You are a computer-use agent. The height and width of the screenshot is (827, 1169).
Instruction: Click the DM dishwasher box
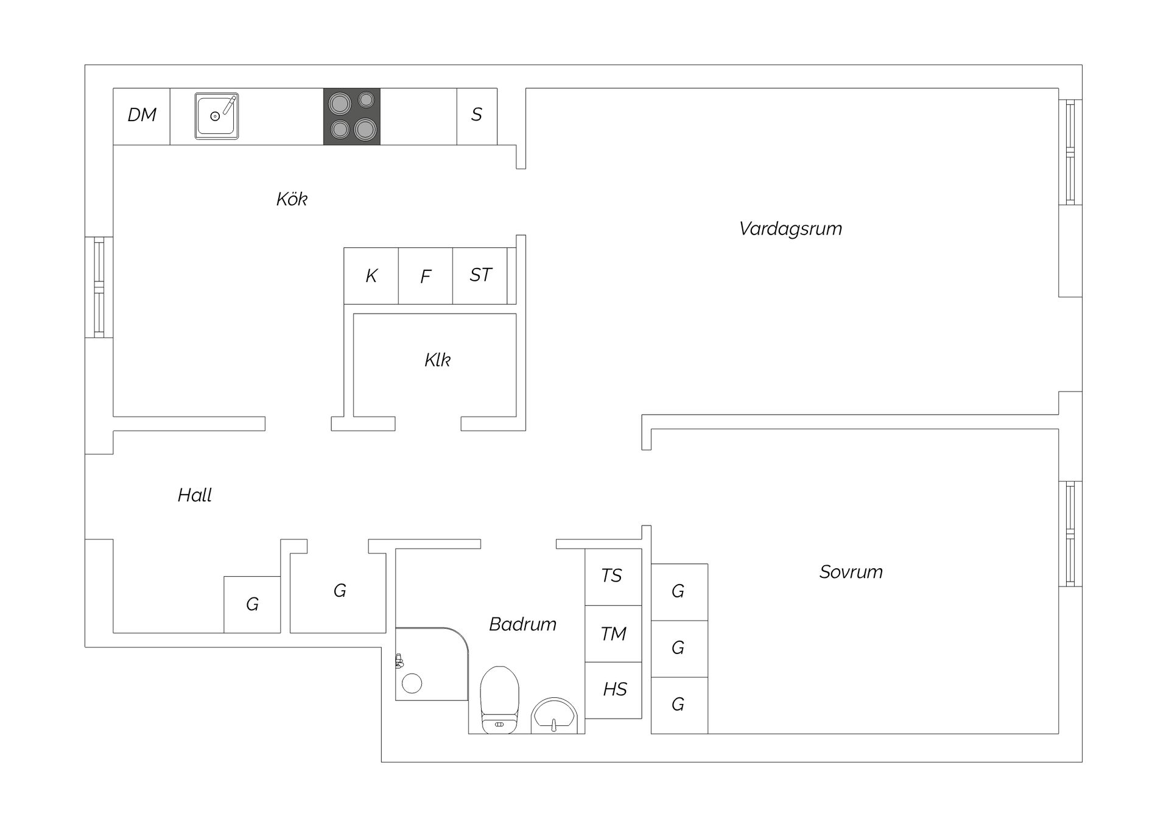[141, 116]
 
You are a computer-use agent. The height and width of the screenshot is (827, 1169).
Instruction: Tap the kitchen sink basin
[217, 116]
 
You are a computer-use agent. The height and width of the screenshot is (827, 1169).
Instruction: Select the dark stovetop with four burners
[352, 116]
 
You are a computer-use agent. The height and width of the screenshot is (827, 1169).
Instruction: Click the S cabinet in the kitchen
[477, 116]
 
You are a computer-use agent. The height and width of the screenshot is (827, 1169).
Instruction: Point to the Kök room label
[292, 199]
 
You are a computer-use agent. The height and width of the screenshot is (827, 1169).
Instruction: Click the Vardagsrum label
[790, 229]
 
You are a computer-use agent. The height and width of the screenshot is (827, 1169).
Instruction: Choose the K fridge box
[371, 276]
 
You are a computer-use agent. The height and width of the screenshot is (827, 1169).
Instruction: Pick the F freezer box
[426, 276]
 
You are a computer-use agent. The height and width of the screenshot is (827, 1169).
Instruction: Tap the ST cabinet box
[480, 276]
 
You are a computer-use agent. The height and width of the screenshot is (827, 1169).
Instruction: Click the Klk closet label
[437, 360]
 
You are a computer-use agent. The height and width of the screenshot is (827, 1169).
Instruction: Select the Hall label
[195, 495]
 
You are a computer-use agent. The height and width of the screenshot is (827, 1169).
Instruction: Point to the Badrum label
[522, 624]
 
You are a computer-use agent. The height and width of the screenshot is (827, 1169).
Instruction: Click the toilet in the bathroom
[499, 700]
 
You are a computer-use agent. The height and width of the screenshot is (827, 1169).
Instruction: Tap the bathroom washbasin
[554, 716]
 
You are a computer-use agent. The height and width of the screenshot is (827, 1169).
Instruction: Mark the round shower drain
[412, 683]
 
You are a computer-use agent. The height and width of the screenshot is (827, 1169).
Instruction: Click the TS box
[613, 577]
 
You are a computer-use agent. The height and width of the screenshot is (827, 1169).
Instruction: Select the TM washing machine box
[613, 633]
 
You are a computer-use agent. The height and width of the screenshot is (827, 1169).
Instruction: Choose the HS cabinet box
[613, 690]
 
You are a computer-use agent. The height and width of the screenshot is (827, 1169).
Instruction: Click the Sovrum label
[851, 572]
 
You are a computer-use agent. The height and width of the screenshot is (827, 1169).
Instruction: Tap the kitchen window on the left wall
[99, 287]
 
